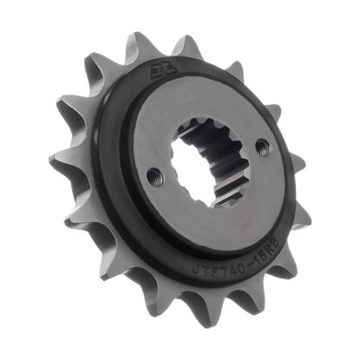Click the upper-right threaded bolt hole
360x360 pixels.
tap(262, 148)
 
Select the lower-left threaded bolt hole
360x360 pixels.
tap(154, 177)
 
